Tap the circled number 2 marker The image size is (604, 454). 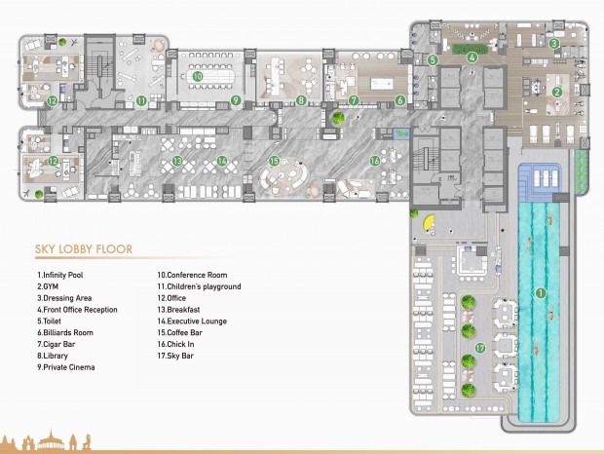click(556, 93)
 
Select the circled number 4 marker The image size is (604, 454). click(472, 57)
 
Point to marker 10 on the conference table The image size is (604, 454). click(197, 76)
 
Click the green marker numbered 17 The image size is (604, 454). click(480, 347)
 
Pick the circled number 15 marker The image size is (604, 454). click(274, 161)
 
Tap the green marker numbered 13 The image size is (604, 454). click(176, 161)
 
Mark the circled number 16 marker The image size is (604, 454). click(375, 161)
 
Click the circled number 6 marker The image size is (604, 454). click(399, 99)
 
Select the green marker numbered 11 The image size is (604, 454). click(141, 99)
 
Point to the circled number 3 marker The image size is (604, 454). click(552, 43)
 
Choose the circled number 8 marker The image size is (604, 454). click(302, 99)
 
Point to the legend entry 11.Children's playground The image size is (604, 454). click(199, 286)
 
